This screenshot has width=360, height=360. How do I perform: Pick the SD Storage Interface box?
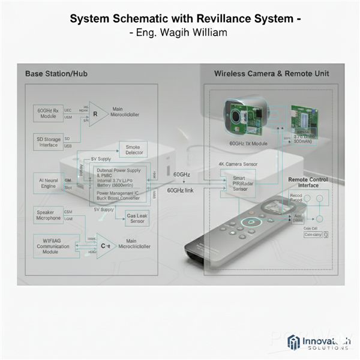click(x=48, y=142)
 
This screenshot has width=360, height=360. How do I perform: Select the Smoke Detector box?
click(x=134, y=149)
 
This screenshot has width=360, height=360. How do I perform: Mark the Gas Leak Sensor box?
click(x=137, y=218)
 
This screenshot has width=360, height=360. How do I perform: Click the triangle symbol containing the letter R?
click(x=97, y=113)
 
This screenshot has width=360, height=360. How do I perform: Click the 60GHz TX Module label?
click(x=248, y=144)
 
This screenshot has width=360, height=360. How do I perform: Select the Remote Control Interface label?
click(x=308, y=182)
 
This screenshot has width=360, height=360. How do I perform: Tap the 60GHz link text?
click(x=180, y=190)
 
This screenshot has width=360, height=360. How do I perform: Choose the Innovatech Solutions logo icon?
click(x=294, y=341)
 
